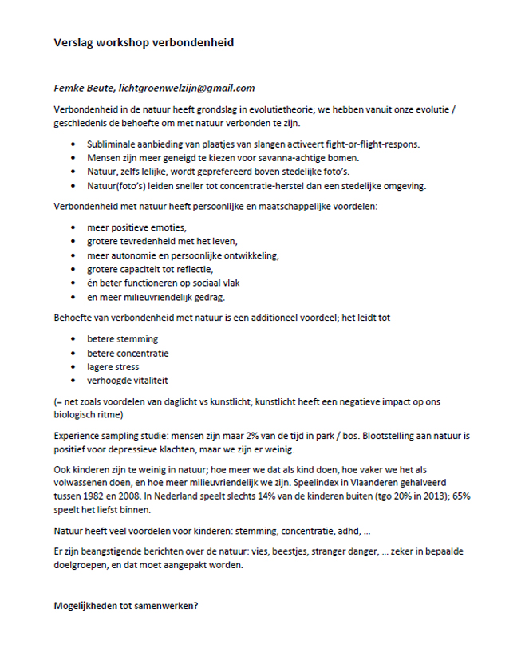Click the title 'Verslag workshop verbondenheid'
tap(144, 43)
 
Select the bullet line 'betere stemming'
tap(123, 339)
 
